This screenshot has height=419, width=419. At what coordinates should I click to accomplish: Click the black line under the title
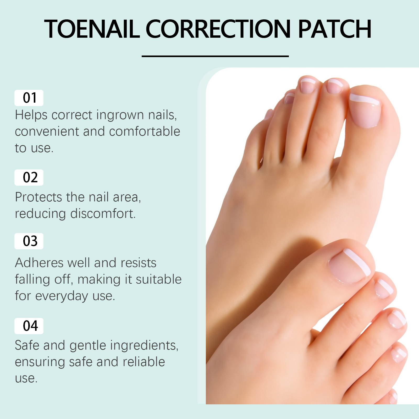coord(215,56)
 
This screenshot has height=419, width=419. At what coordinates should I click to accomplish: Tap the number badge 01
coord(29,98)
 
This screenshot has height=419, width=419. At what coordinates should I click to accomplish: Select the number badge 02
coord(29,178)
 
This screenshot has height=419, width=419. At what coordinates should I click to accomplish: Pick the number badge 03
coord(29,241)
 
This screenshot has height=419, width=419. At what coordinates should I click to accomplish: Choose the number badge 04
coord(29,326)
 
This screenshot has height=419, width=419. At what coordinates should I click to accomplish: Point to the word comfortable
coord(145,131)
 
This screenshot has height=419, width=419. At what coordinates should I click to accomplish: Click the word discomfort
coord(103,213)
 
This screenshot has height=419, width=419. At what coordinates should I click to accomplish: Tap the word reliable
coord(144,362)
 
